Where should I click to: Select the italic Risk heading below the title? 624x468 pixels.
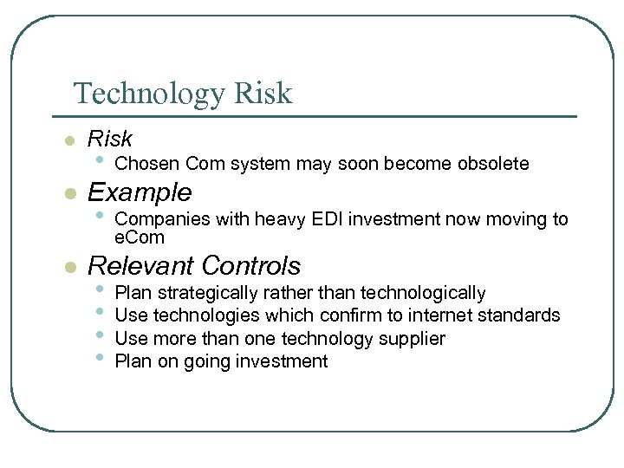pyautogui.click(x=110, y=139)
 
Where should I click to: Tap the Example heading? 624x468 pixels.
pyautogui.click(x=140, y=192)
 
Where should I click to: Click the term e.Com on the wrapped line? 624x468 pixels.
pyautogui.click(x=139, y=237)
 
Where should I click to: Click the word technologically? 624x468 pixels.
pyautogui.click(x=423, y=293)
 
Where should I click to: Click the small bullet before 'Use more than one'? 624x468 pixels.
pyautogui.click(x=101, y=337)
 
